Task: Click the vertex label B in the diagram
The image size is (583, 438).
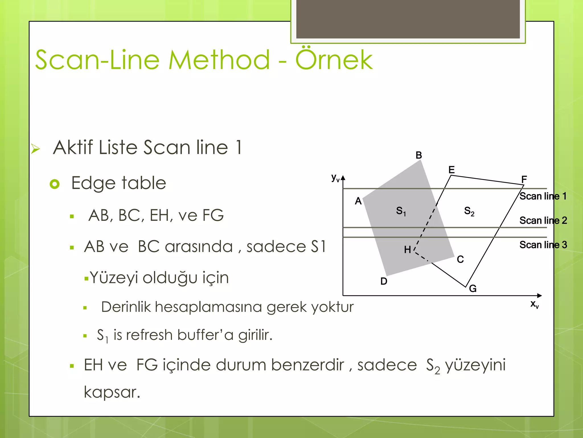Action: [x=418, y=155]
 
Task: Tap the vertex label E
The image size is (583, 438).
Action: [x=451, y=170]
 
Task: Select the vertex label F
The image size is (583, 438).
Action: [x=524, y=179]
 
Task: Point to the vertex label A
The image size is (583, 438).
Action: [x=358, y=201]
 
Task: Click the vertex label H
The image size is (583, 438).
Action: [x=407, y=250]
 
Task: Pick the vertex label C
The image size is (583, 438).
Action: [x=460, y=259]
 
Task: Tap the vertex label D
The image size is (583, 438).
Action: [x=384, y=281]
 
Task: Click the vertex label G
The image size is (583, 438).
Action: [x=473, y=289]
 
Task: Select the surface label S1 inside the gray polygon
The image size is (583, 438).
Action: [x=401, y=211]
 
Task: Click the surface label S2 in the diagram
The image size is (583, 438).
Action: [x=469, y=211]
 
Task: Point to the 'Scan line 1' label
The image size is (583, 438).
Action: [x=543, y=196]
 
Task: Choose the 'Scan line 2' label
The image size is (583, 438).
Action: [x=543, y=220]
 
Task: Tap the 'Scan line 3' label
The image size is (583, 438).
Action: [x=543, y=245]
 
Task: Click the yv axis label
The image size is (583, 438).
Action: [x=335, y=178]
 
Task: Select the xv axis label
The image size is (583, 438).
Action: [x=534, y=304]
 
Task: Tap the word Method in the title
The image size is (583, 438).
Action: [x=219, y=60]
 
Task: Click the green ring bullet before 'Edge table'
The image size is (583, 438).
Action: [x=55, y=184]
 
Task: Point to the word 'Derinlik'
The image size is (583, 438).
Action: [x=126, y=307]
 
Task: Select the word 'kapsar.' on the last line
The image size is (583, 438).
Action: [x=112, y=392]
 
